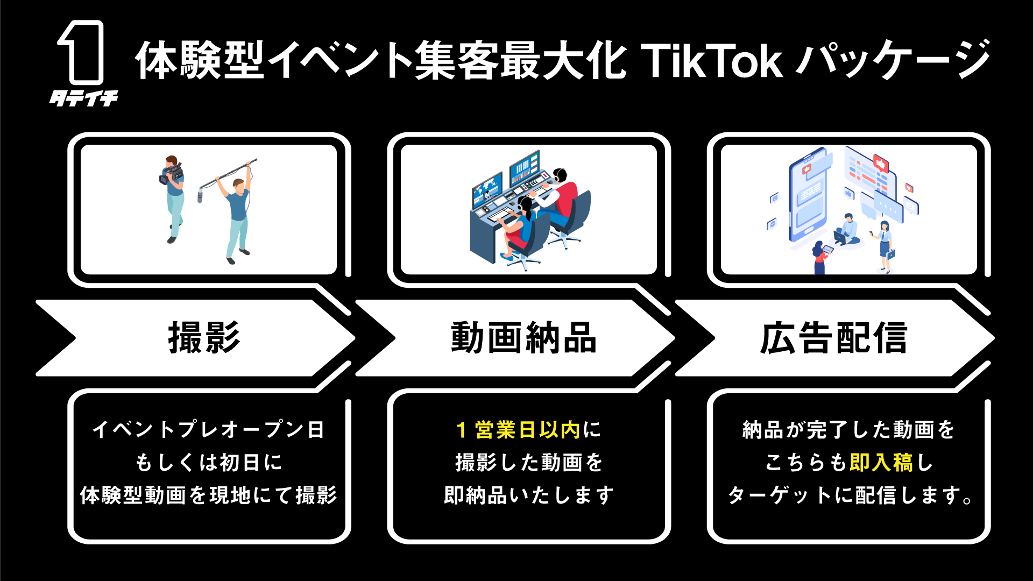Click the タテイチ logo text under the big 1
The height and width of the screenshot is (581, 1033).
84,98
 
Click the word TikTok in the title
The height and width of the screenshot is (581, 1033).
711,61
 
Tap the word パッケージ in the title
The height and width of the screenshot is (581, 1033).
893,60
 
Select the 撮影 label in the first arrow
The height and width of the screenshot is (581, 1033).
204,338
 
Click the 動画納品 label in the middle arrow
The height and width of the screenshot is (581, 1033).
523,338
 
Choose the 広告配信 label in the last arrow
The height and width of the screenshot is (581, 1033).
833,338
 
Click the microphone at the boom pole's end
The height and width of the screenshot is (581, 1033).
200,194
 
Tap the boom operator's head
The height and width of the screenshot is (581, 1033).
238,186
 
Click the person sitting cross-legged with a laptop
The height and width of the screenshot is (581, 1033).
846,229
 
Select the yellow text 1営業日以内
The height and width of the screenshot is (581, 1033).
518,430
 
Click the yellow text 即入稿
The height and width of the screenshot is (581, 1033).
881,463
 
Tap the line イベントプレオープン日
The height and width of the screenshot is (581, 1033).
209,430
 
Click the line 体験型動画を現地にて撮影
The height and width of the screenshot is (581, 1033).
209,495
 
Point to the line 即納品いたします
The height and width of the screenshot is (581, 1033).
528,495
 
